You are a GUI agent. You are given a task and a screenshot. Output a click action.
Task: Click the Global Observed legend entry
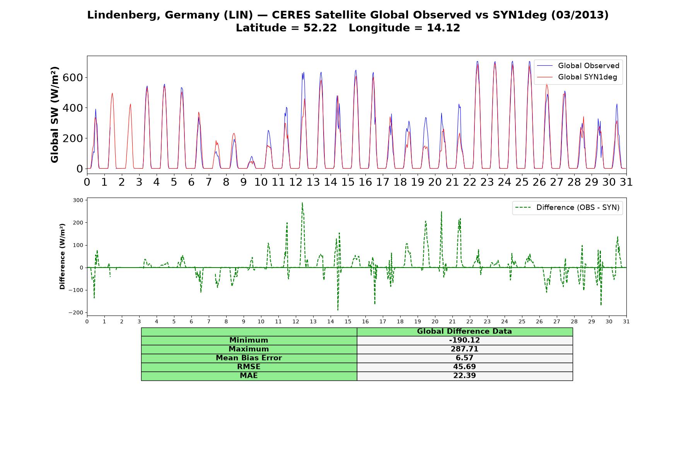coord(578,66)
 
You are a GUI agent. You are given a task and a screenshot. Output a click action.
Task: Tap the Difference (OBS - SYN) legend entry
coord(568,208)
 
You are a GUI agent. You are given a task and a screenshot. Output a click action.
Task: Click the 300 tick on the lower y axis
coord(78,200)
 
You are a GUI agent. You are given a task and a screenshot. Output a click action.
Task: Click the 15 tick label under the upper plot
coord(348,182)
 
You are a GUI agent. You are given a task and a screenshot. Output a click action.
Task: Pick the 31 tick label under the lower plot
coord(626,321)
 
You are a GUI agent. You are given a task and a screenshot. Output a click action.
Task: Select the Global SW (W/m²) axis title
coord(55,114)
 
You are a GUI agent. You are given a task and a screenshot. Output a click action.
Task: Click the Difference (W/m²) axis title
coord(62,256)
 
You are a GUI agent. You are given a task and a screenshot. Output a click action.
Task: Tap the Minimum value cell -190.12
coord(464,340)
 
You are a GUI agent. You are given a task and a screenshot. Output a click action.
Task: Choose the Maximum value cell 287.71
coord(464,349)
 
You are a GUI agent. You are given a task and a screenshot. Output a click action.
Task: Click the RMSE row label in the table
coord(249,367)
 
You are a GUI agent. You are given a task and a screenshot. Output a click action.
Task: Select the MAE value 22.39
coord(464,376)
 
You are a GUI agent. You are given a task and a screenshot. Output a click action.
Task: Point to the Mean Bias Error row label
coord(249,358)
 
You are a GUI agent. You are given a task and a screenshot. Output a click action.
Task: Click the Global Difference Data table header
coord(464,331)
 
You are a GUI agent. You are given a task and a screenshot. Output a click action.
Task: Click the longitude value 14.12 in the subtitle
coord(444,28)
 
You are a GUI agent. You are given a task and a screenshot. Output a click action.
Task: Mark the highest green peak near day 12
coord(302,203)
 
